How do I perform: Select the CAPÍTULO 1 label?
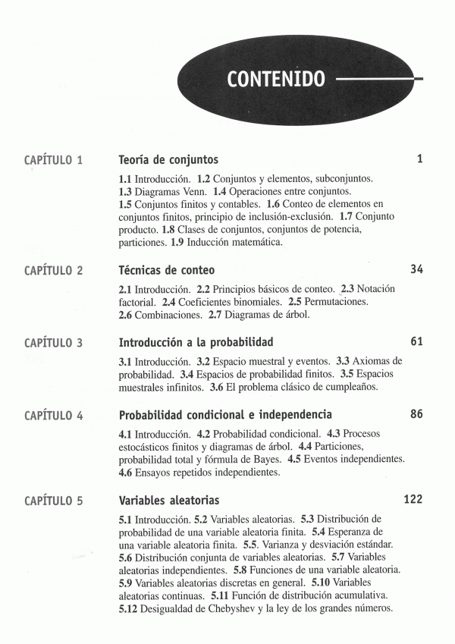pyautogui.click(x=54, y=161)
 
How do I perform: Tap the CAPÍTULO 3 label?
pyautogui.click(x=54, y=343)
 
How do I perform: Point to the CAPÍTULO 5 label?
pyautogui.click(x=54, y=501)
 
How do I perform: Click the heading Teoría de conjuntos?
pyautogui.click(x=168, y=160)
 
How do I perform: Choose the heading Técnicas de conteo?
pyautogui.click(x=167, y=270)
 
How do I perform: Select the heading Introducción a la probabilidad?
pyautogui.click(x=196, y=342)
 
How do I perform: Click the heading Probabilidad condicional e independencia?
pyautogui.click(x=225, y=415)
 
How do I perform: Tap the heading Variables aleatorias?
pyautogui.click(x=169, y=501)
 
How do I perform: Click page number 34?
pyautogui.click(x=416, y=270)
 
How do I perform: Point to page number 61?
pyautogui.click(x=416, y=342)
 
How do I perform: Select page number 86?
pyautogui.click(x=416, y=415)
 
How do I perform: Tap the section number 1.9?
pyautogui.click(x=178, y=243)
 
